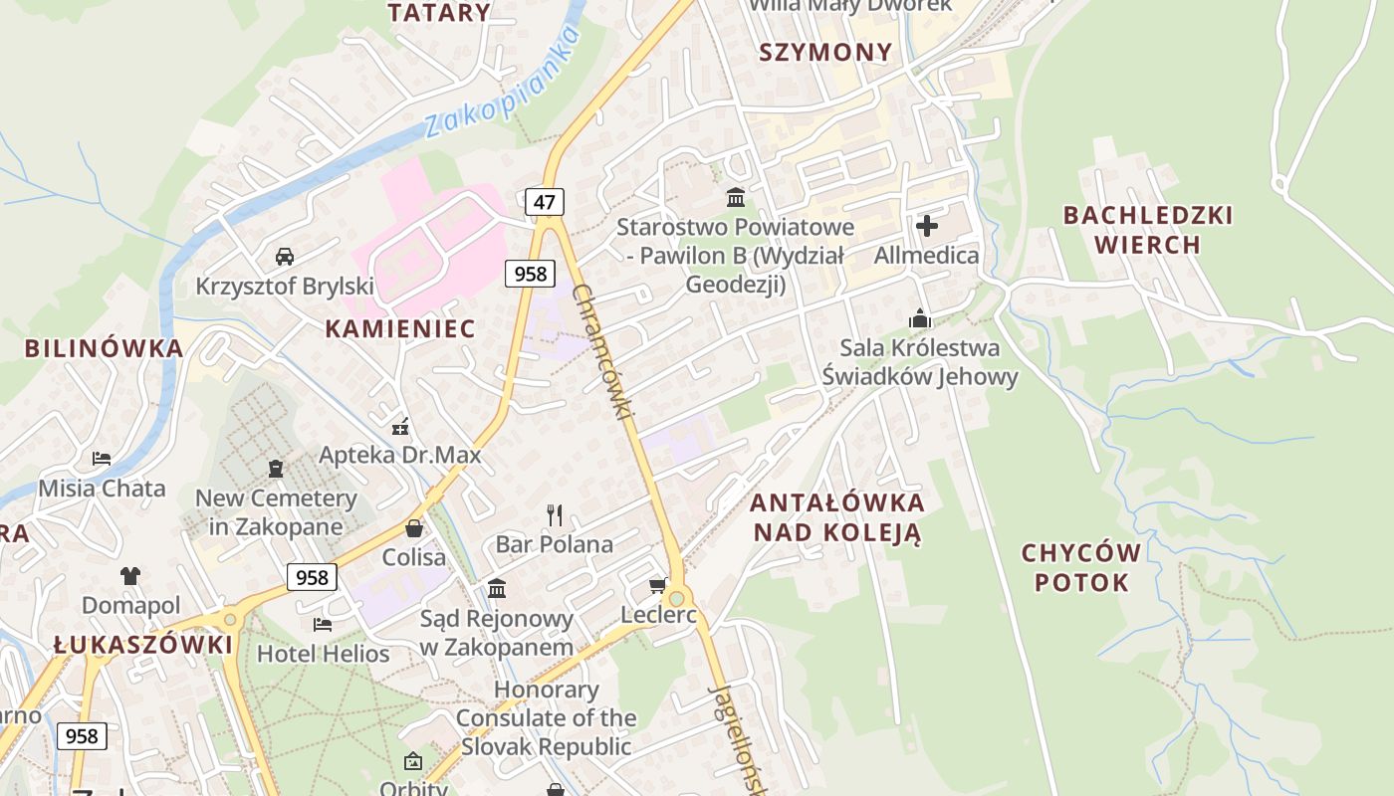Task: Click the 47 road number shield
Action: tap(544, 202)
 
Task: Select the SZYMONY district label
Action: tap(825, 53)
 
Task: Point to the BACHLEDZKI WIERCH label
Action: tap(1147, 230)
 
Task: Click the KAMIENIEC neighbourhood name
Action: tap(400, 328)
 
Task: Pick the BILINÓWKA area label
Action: tap(105, 348)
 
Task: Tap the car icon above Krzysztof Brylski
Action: tap(285, 257)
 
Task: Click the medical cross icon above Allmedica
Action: tap(926, 226)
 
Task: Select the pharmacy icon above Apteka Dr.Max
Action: tap(400, 427)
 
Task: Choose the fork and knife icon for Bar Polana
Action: tap(555, 514)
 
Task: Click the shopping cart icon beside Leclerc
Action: tap(657, 585)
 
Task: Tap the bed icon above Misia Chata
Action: tap(102, 459)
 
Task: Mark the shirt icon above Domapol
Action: tap(130, 575)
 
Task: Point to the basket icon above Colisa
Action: tap(414, 528)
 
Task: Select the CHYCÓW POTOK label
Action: tap(1081, 567)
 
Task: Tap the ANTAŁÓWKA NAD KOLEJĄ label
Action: tap(837, 517)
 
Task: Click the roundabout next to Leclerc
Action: tap(678, 598)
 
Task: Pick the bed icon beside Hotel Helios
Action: tap(323, 624)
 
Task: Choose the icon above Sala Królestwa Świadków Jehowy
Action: tap(919, 318)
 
